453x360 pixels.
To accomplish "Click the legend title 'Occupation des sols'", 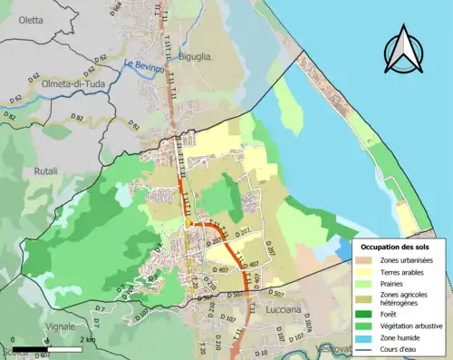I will pos(395,247).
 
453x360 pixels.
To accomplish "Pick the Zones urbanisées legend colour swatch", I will pos(366,260).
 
